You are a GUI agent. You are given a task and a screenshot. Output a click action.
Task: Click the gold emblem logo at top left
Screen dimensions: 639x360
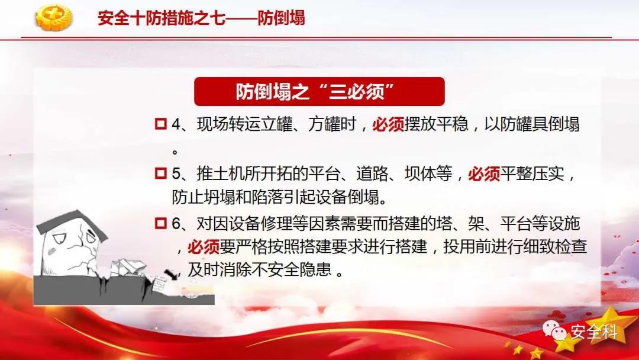[53, 17]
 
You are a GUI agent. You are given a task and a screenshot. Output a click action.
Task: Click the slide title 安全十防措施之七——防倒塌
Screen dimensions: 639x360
[201, 18]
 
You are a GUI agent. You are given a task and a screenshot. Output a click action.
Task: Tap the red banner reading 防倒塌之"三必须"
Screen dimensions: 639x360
[319, 91]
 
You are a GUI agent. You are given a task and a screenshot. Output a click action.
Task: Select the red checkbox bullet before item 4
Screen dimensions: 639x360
[161, 124]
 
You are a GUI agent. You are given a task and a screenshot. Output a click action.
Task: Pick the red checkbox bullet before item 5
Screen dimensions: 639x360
[161, 173]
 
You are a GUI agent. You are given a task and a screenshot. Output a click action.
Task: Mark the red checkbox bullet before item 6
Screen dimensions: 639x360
[161, 223]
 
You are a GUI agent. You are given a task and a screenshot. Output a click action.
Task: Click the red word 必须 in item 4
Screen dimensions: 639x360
[388, 124]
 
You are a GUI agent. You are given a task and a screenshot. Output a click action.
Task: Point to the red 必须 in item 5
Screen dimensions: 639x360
[484, 174]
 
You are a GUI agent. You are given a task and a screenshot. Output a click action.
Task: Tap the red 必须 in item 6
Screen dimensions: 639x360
[204, 247]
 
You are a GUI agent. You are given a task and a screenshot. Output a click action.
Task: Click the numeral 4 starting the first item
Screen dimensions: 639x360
[176, 124]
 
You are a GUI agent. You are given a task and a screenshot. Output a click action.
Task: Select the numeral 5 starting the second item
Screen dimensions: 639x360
[176, 174]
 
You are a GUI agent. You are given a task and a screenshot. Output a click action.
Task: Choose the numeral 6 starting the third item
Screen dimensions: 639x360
[176, 224]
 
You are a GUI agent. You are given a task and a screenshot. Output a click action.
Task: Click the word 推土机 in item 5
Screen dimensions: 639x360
[221, 174]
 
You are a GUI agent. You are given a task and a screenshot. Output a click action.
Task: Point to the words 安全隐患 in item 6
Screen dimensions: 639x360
[299, 269]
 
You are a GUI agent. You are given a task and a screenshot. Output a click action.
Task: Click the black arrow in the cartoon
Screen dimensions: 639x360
[171, 274]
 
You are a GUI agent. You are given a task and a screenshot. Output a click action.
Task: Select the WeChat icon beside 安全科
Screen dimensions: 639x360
[554, 330]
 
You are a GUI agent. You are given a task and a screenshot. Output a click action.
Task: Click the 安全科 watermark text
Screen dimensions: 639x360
[594, 332]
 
